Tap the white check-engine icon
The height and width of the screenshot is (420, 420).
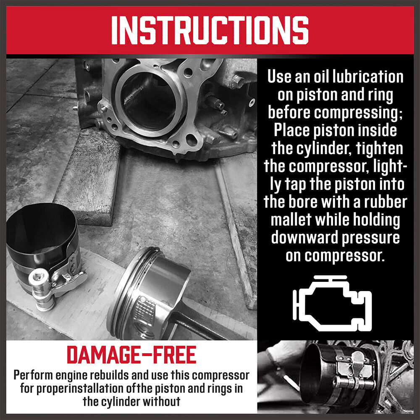tap(332, 302)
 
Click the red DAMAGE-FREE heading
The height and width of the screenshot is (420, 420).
tap(131, 355)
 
